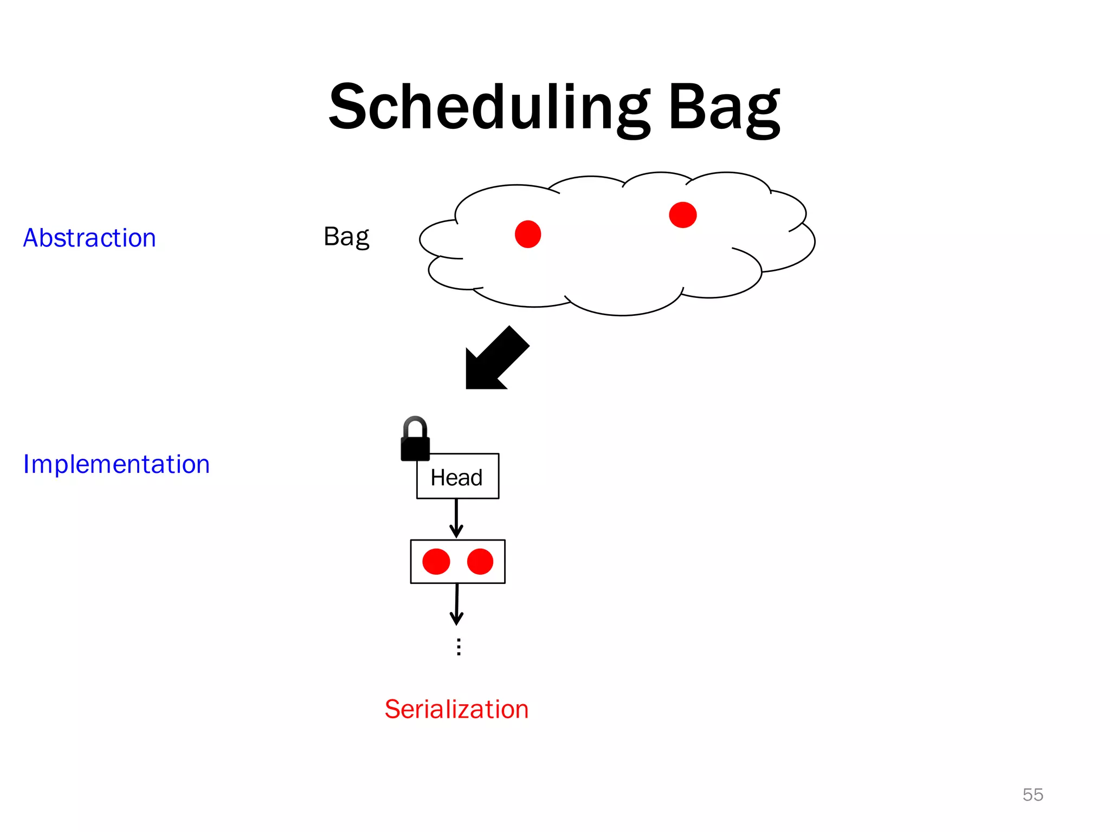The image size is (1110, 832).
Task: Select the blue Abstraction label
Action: pyautogui.click(x=89, y=238)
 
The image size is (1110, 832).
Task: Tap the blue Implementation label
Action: pyautogui.click(x=116, y=464)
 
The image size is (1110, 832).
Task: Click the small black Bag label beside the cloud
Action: pyautogui.click(x=346, y=237)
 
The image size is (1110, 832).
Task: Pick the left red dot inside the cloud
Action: pyautogui.click(x=528, y=234)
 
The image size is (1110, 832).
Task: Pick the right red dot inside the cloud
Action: pyautogui.click(x=682, y=215)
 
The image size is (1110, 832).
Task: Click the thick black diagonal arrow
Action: pyautogui.click(x=494, y=360)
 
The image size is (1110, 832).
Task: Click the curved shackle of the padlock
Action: pyautogui.click(x=415, y=425)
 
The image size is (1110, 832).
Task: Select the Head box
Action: pyautogui.click(x=457, y=477)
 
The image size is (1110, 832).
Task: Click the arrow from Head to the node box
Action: pyautogui.click(x=456, y=518)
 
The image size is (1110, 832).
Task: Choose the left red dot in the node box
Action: pyautogui.click(x=436, y=561)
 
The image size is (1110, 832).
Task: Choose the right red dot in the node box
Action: pyautogui.click(x=480, y=561)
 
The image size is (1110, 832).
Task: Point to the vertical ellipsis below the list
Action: pyautogui.click(x=459, y=647)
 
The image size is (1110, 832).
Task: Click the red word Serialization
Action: pyautogui.click(x=456, y=709)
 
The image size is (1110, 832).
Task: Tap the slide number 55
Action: pyautogui.click(x=1032, y=795)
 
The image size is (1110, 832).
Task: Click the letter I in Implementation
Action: pyautogui.click(x=27, y=464)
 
